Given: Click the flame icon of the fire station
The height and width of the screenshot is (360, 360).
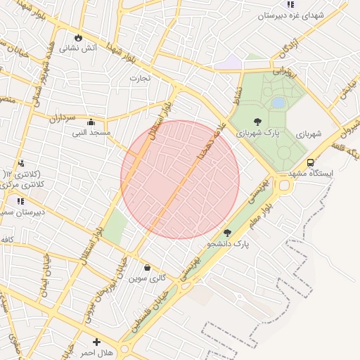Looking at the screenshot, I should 77,37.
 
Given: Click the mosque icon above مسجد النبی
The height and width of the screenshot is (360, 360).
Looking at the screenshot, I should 91,121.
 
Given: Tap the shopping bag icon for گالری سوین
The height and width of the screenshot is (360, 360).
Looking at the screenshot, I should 147,267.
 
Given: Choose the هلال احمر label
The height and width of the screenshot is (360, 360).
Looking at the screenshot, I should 97,352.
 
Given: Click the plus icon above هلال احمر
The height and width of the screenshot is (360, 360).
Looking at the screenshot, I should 96,342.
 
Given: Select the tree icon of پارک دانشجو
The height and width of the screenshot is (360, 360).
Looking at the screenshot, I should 226,233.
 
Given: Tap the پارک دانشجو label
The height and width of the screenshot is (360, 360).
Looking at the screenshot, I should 229,244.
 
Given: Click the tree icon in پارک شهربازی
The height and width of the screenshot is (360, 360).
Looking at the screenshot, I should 257,121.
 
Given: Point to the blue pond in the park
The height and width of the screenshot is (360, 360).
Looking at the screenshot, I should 278,103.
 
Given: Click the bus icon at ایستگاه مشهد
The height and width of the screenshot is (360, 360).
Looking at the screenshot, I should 310,162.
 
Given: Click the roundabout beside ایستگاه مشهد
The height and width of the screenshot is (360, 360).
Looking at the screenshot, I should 284,186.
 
